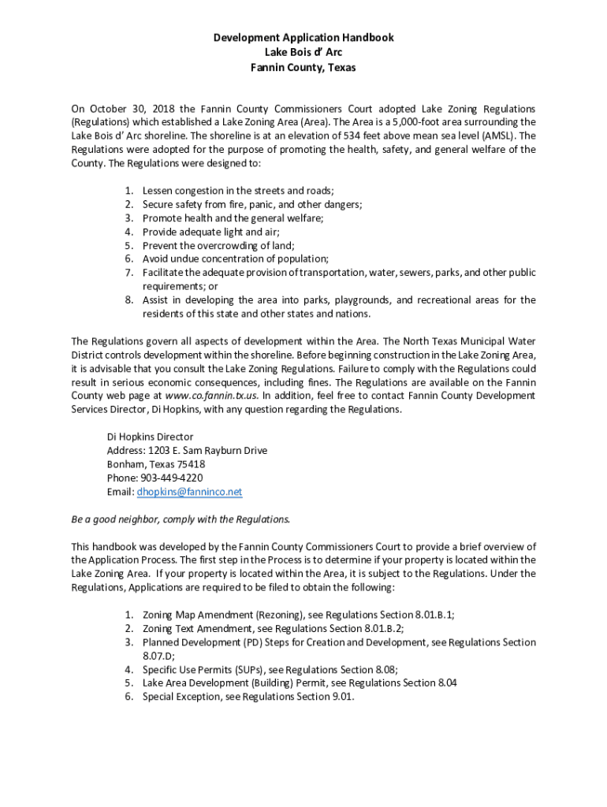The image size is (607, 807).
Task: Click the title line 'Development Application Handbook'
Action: pos(303,38)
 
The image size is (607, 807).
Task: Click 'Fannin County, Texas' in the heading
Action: pos(303,68)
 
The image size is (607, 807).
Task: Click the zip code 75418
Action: pos(191,464)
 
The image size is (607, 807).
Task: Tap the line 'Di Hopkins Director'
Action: pos(150,437)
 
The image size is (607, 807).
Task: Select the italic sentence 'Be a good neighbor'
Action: pos(181,519)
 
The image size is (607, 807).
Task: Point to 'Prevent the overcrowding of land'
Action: pos(218,245)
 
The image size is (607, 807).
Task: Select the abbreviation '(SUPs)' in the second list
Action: pos(244,669)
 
